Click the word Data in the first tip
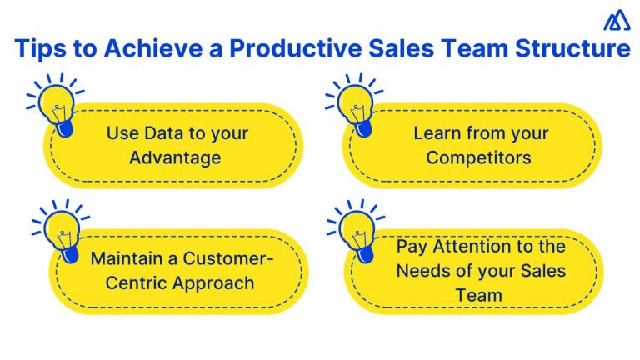click(165, 133)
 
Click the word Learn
click(437, 133)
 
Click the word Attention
click(474, 247)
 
